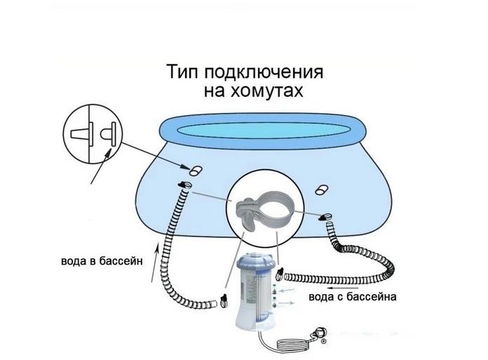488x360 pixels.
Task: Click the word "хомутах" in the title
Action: click(x=266, y=91)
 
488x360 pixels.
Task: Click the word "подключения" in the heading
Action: click(x=264, y=72)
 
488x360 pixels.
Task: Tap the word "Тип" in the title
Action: click(x=183, y=72)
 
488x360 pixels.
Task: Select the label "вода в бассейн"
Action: click(x=102, y=260)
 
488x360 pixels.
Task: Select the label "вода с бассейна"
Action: click(x=352, y=296)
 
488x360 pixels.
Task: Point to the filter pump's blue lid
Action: click(x=257, y=263)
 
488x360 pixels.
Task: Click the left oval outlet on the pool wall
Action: click(x=196, y=171)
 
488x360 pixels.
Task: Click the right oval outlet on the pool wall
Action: click(x=322, y=189)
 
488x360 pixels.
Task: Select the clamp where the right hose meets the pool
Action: click(x=326, y=217)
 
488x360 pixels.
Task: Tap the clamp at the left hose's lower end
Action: click(x=223, y=300)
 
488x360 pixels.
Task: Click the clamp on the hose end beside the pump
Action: click(x=280, y=273)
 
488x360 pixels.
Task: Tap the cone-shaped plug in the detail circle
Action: click(x=82, y=134)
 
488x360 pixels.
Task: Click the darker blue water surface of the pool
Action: click(x=264, y=130)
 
